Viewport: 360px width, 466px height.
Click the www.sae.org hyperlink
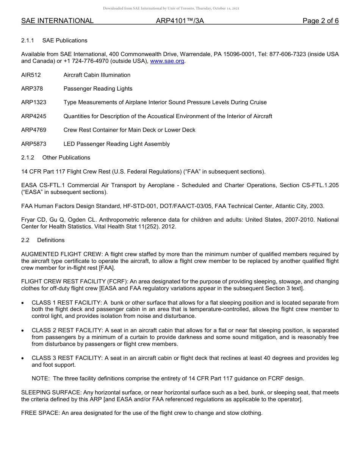[x=167, y=61]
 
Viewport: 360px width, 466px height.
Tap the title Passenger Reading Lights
[x=98, y=89]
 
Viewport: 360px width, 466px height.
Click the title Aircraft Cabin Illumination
[x=97, y=75]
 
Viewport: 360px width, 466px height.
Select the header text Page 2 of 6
[x=320, y=21]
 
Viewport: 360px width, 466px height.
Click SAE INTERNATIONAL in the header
[x=57, y=21]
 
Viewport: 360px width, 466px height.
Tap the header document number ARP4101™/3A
[x=180, y=21]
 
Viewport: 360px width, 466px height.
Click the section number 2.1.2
[x=28, y=158]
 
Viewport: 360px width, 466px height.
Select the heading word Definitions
[x=51, y=240]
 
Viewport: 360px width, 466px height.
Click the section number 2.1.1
[x=28, y=41]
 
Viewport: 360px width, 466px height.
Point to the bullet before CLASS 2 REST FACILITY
[x=23, y=331]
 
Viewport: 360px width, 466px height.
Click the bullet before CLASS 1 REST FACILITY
[x=23, y=303]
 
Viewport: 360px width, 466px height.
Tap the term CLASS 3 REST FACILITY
[x=67, y=358]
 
